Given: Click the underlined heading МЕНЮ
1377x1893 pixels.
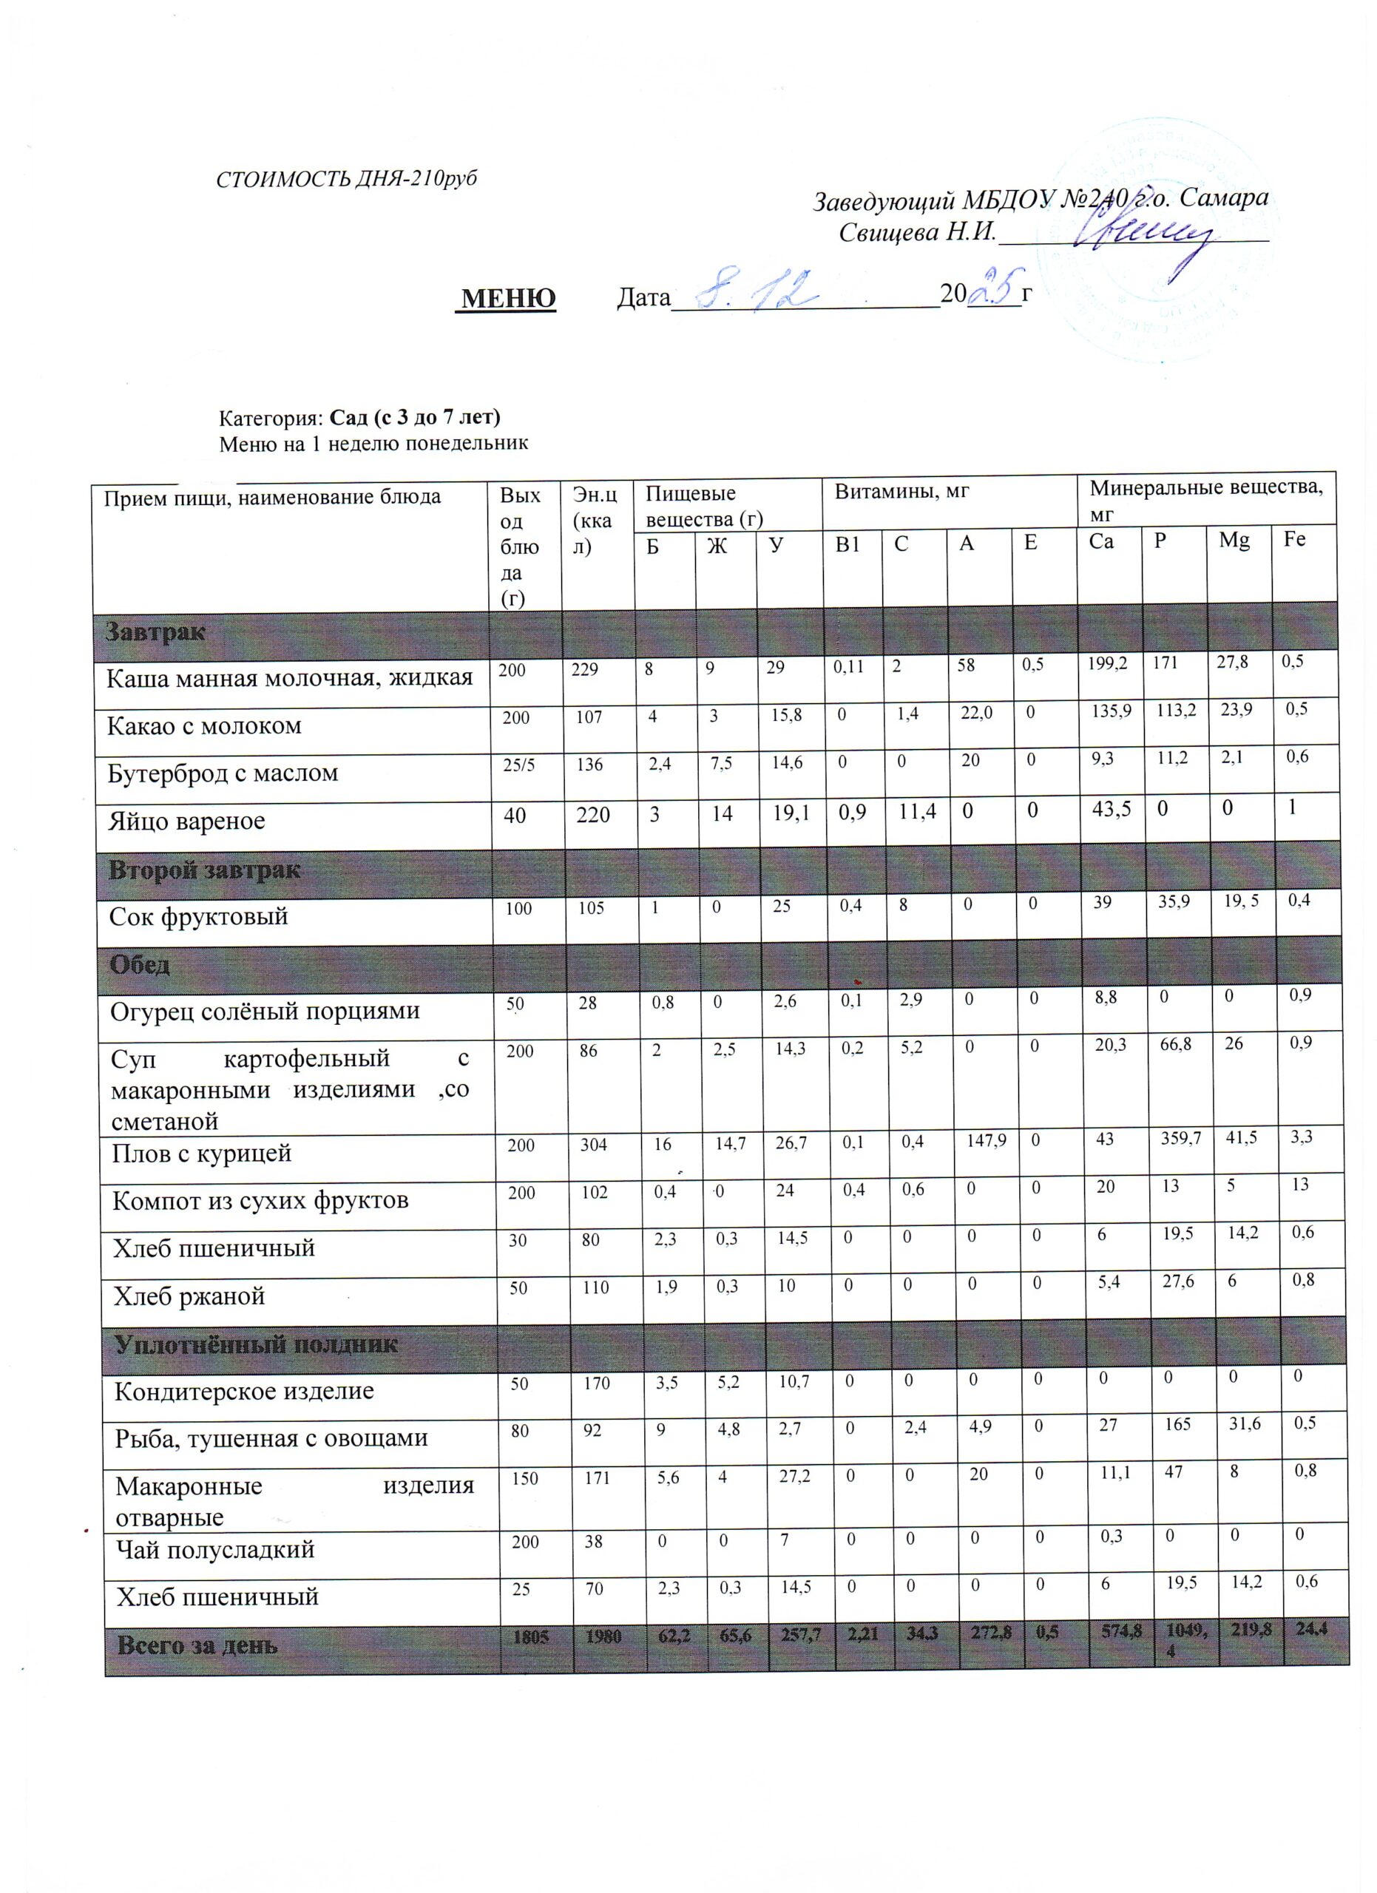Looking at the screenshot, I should [x=508, y=298].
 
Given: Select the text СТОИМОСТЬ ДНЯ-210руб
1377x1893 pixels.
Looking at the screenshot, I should [x=346, y=180].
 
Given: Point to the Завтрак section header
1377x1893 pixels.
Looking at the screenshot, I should [x=155, y=631].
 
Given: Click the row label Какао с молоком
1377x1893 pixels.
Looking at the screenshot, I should [x=203, y=726].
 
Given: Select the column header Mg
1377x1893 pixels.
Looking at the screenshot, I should [x=1234, y=540].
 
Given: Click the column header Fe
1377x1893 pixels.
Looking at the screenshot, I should [x=1294, y=539].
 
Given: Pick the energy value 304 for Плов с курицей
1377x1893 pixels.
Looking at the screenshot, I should [x=594, y=1145].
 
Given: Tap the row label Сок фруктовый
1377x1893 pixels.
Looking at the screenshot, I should [x=199, y=916].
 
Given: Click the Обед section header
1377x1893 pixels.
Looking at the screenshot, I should [x=139, y=965].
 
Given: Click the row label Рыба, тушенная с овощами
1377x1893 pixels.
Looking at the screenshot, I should [x=271, y=1438].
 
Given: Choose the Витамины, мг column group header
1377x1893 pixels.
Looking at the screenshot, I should [x=902, y=492].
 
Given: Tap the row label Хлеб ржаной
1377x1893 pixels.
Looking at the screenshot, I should [x=189, y=1296].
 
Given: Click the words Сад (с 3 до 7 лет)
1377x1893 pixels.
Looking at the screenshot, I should [x=415, y=416].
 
